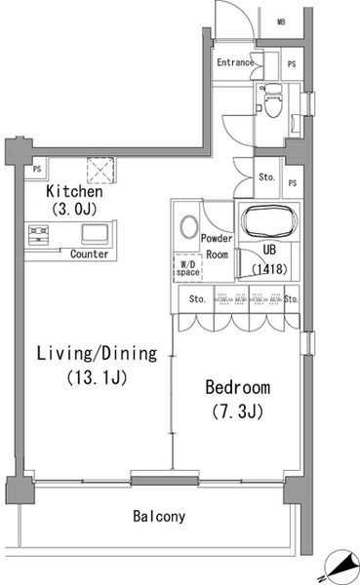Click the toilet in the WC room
click(272, 100)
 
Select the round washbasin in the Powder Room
click(189, 226)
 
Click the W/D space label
click(188, 269)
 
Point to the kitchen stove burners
click(38, 235)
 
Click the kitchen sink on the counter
click(96, 234)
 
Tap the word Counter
click(89, 254)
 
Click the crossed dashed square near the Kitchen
click(100, 170)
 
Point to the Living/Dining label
click(98, 353)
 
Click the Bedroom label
click(238, 387)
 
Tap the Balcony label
click(159, 517)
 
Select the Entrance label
click(235, 62)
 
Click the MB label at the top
click(281, 22)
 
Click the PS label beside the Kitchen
click(37, 169)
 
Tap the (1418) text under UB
click(269, 269)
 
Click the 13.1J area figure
click(98, 377)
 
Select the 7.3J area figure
click(238, 411)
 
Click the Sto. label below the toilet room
click(266, 176)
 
